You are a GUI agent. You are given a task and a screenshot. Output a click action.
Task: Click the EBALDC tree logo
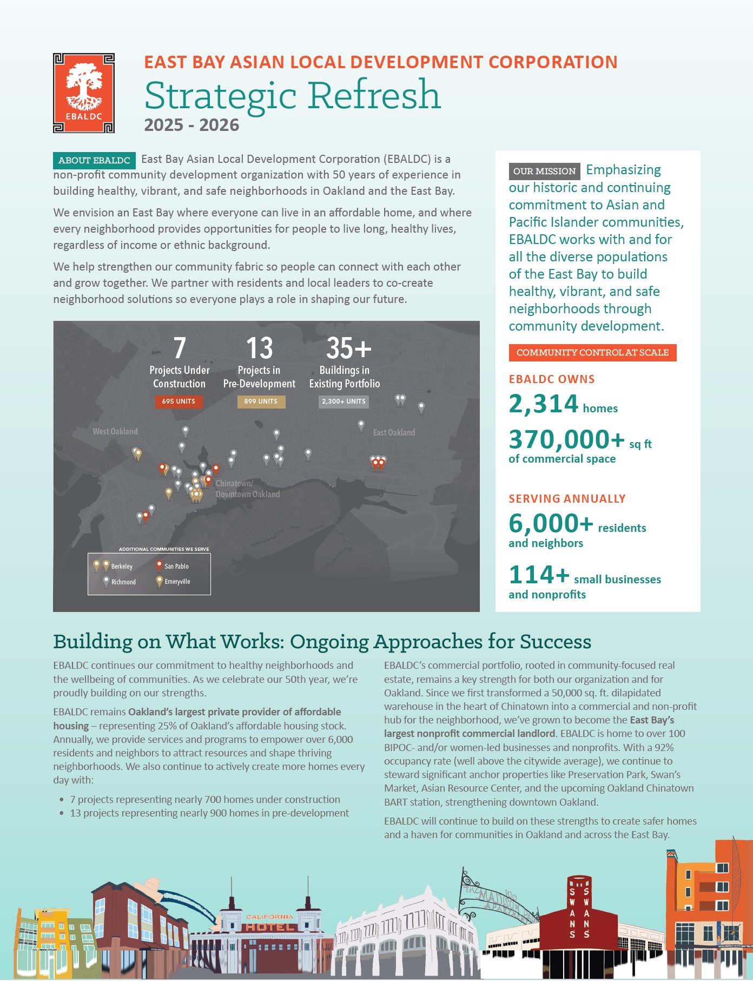pos(84,93)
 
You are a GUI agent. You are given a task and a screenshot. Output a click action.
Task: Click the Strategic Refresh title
pos(292,95)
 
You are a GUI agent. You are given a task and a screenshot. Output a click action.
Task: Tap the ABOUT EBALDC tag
pos(94,160)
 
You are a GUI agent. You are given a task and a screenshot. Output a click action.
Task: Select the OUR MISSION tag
pos(544,171)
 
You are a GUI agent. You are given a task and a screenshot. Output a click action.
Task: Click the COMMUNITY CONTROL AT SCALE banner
pos(592,352)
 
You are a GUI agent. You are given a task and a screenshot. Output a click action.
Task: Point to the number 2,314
pos(544,404)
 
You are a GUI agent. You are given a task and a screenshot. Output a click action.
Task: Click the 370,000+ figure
pos(566,439)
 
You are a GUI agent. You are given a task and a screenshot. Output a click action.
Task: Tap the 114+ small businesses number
pos(539,575)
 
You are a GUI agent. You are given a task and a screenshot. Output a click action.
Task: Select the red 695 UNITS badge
pos(179,401)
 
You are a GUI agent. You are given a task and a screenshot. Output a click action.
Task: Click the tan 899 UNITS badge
pos(261,401)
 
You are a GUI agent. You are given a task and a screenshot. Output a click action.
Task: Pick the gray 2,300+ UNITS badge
pos(344,401)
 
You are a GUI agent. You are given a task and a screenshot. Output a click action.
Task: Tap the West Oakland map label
pos(115,431)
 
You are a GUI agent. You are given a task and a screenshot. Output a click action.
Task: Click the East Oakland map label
pos(394,432)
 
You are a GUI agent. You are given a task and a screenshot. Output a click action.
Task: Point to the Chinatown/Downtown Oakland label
pos(248,489)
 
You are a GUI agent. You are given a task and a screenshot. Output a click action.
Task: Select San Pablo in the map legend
pos(176,566)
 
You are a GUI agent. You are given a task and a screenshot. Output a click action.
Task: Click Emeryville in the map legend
pos(177,582)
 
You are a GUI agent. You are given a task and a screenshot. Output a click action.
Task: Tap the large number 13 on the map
pos(259,348)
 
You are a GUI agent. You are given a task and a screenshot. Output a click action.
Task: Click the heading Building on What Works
pos(322,641)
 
